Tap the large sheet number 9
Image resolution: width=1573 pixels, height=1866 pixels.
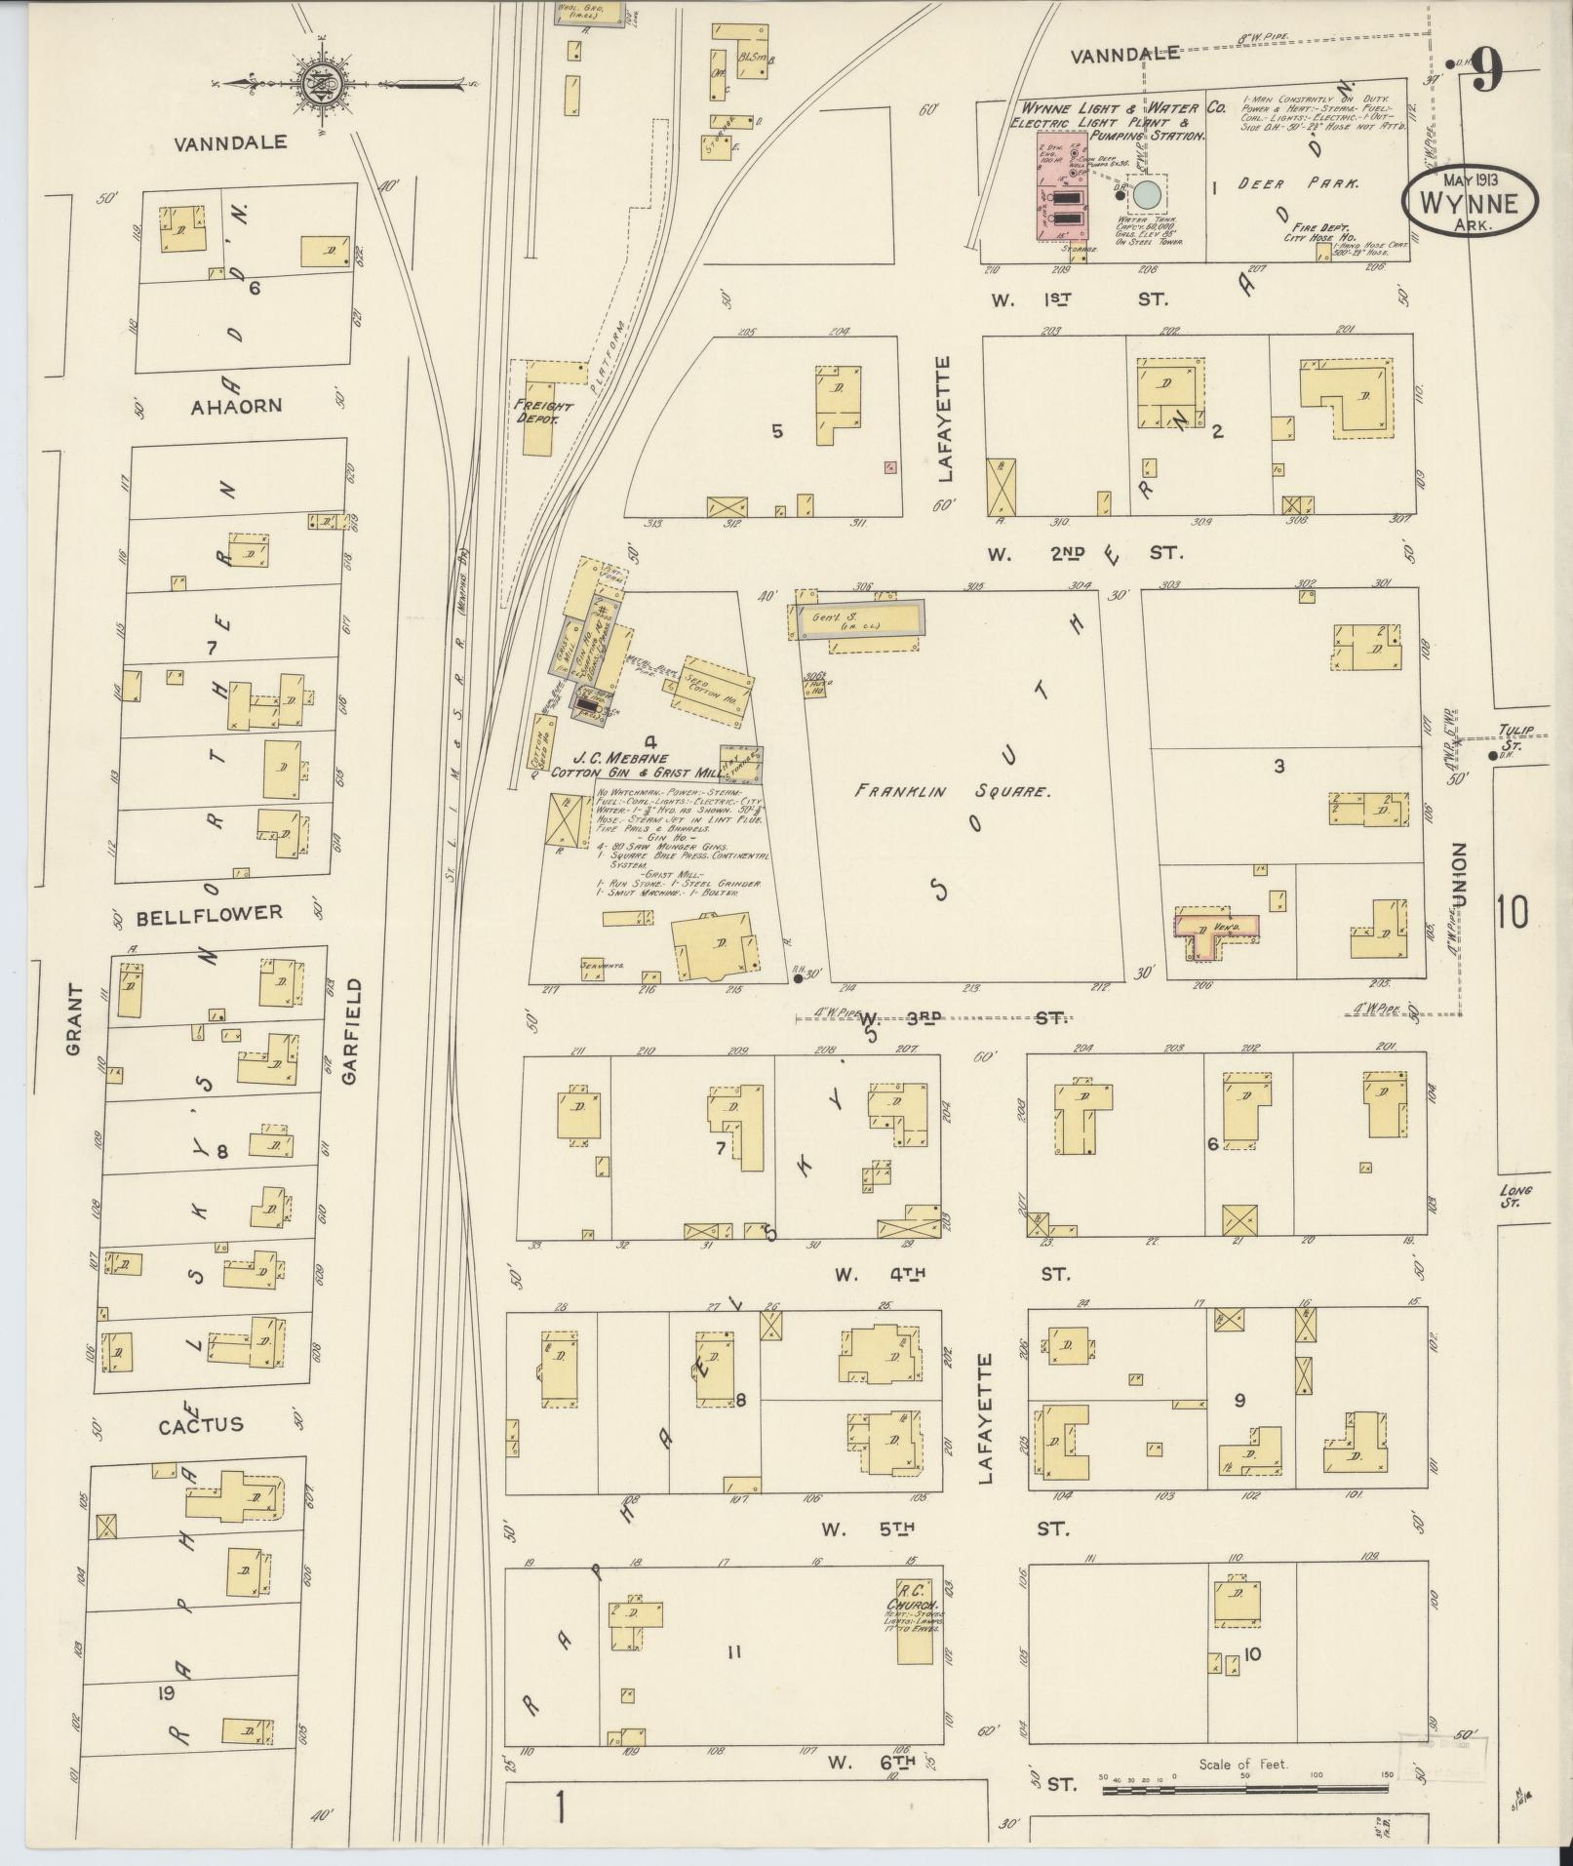pyautogui.click(x=1486, y=71)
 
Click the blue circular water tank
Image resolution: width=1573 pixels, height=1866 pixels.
pyautogui.click(x=1148, y=194)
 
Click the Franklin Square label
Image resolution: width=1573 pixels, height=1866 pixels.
pyautogui.click(x=954, y=792)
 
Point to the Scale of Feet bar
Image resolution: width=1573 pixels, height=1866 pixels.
pyautogui.click(x=1244, y=1790)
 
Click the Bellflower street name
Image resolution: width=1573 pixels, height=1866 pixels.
pyautogui.click(x=210, y=915)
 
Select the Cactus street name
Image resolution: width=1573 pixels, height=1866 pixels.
pyautogui.click(x=202, y=1425)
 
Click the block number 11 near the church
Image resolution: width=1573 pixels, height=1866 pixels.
pyautogui.click(x=734, y=1651)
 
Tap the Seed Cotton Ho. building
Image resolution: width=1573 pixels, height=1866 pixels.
pyautogui.click(x=715, y=687)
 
